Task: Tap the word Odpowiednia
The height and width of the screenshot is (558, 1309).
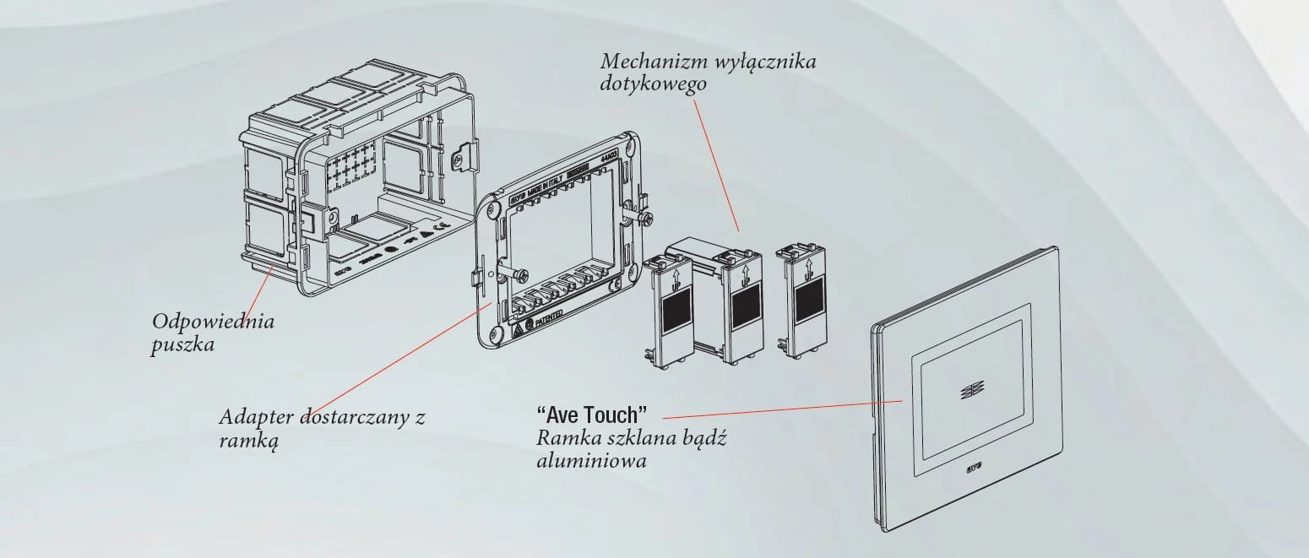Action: (214, 322)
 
